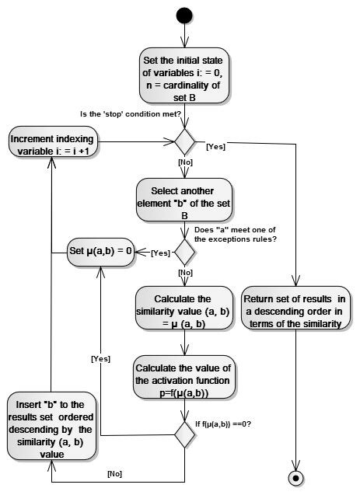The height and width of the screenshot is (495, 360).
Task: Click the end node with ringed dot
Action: click(x=296, y=476)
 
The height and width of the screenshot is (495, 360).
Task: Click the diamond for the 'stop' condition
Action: click(x=184, y=141)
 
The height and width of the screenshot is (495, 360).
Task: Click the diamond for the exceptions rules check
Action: click(x=184, y=251)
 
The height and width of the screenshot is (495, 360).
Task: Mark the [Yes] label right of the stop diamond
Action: click(x=216, y=146)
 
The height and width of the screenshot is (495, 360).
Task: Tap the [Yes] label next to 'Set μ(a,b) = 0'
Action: click(x=160, y=253)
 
